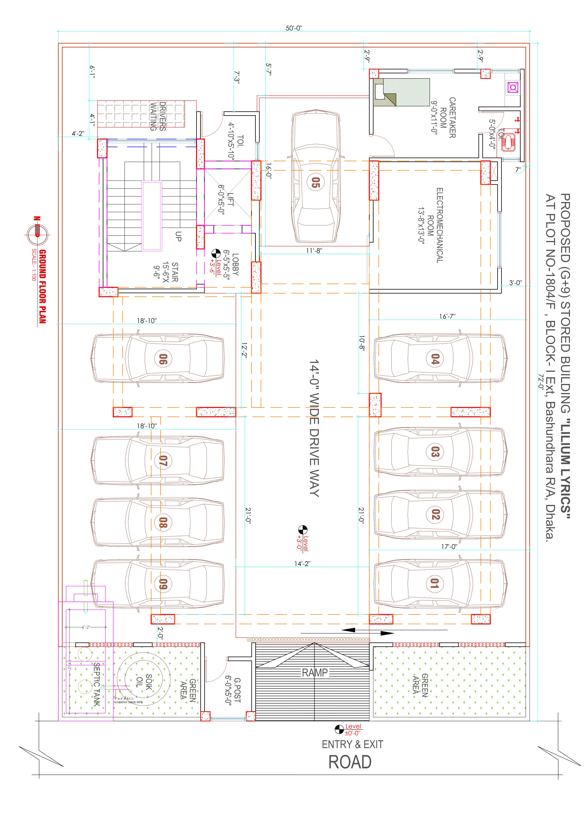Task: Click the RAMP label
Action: (x=314, y=673)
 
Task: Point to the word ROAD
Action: (x=349, y=762)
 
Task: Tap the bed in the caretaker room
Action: (x=401, y=92)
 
